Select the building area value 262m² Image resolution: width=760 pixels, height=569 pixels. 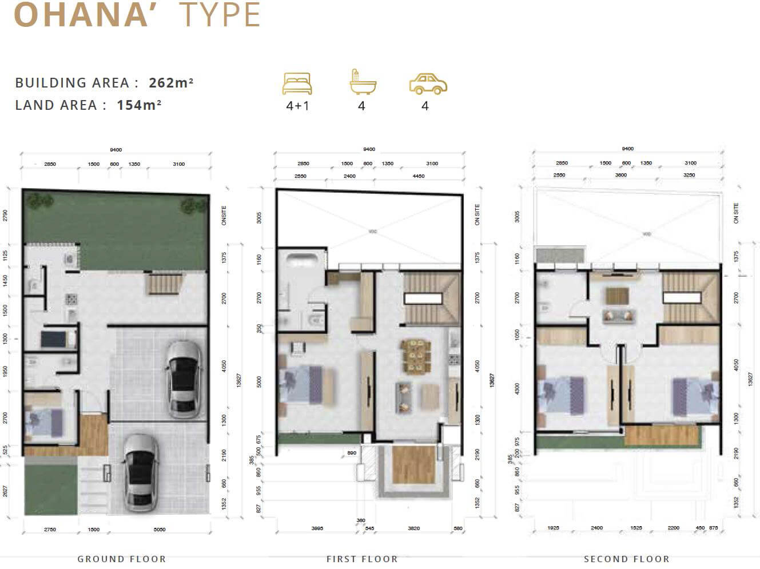point(171,82)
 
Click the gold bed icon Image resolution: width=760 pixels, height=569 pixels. point(297,83)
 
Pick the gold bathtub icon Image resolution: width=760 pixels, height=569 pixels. point(361,82)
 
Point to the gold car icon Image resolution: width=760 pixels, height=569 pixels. point(428,84)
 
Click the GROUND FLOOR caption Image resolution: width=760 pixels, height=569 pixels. point(122,559)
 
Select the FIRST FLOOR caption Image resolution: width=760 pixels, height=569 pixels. point(362,559)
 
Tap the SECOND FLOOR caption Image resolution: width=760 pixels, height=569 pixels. point(626,559)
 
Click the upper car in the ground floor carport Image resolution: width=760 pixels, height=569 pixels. point(184,379)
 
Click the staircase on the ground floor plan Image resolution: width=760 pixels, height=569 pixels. point(165,284)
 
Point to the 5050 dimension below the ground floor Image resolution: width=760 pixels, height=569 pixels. point(160,530)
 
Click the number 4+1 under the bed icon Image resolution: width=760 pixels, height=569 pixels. point(297,106)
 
